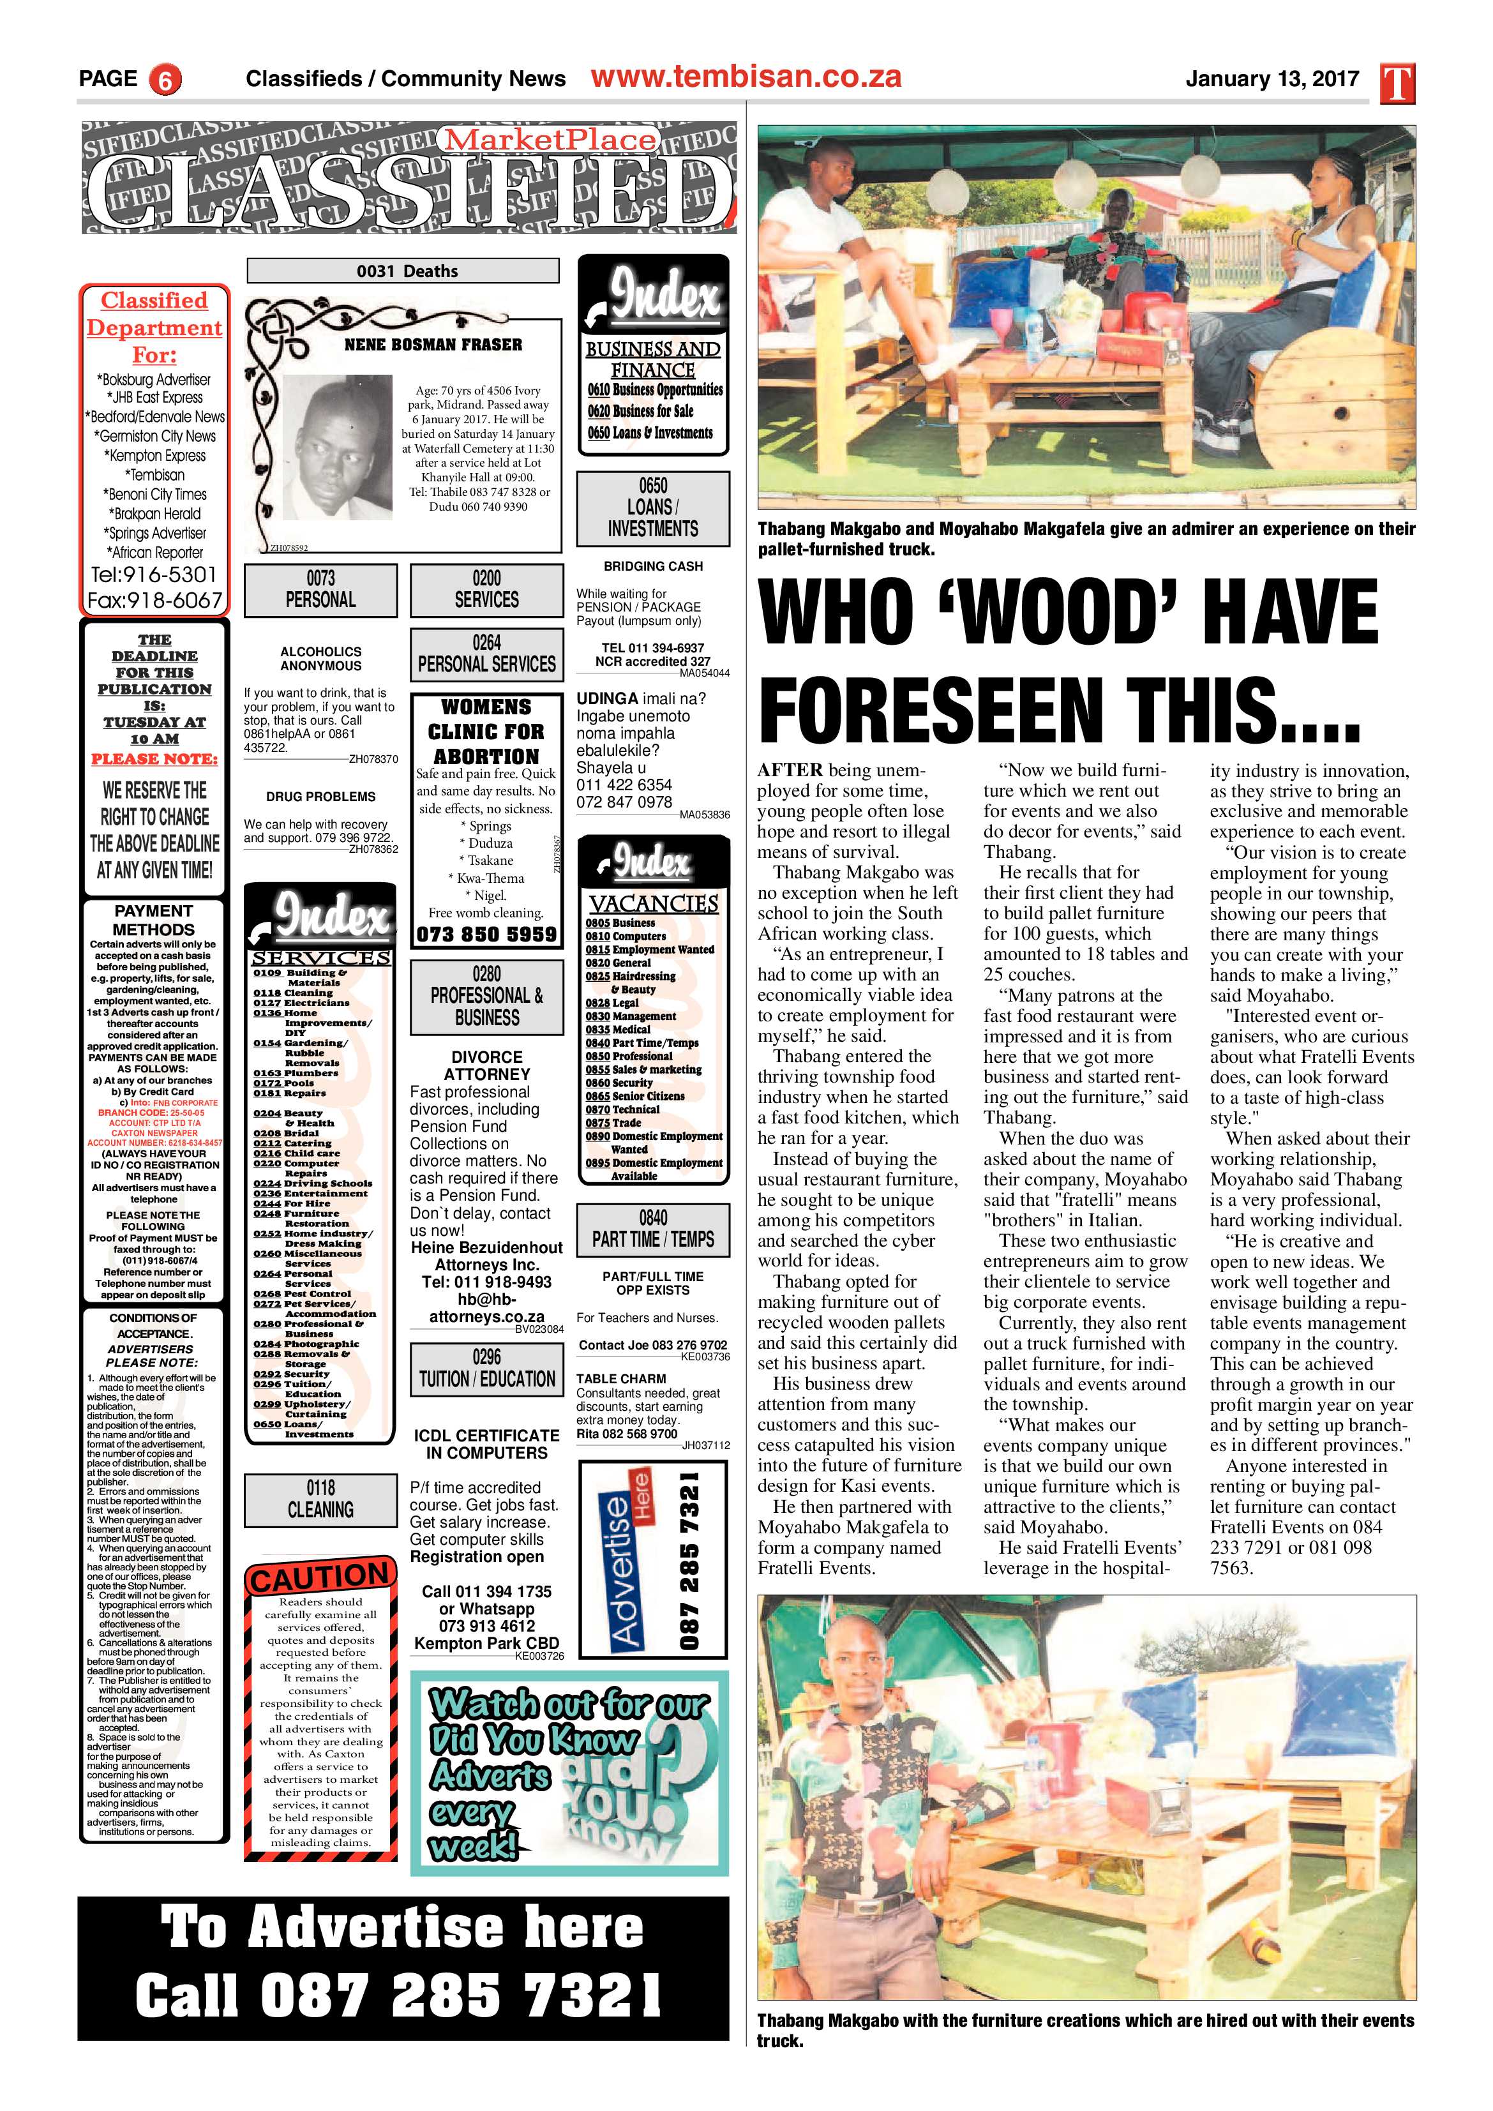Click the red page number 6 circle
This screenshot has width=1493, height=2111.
(x=165, y=80)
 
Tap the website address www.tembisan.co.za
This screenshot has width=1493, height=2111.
(x=746, y=77)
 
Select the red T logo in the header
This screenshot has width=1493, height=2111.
(x=1397, y=84)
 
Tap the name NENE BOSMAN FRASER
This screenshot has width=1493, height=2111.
(x=433, y=345)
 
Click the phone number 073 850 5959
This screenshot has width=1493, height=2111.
(x=486, y=934)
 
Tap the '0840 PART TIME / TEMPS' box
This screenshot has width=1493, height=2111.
(x=653, y=1229)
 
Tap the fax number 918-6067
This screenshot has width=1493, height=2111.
(x=155, y=601)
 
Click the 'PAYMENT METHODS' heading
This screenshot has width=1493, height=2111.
(x=154, y=919)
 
